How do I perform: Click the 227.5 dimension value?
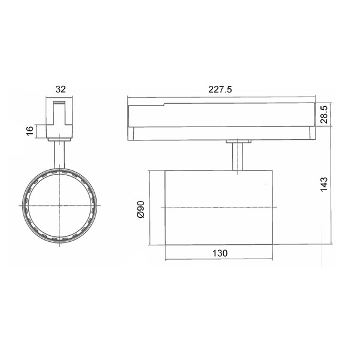tap(220, 89)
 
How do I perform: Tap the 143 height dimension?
tap(325, 183)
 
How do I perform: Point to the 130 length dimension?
tap(220, 253)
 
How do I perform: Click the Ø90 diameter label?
tap(140, 208)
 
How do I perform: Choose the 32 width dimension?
tap(60, 89)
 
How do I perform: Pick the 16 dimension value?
tap(29, 131)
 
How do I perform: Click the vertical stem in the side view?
tap(239, 157)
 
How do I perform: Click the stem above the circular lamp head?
tap(60, 154)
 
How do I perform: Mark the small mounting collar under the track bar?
tap(239, 142)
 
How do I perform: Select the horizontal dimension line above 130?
tap(219, 260)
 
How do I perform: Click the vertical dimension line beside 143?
tap(332, 192)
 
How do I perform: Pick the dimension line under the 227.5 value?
tap(220, 97)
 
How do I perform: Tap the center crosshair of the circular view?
tap(60, 205)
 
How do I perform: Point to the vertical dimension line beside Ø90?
tap(149, 208)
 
